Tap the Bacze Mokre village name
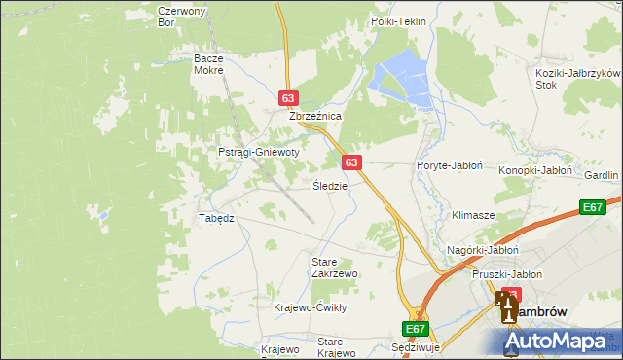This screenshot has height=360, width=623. [208, 64]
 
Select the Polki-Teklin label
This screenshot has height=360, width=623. [399, 21]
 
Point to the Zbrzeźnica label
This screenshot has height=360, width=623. [314, 116]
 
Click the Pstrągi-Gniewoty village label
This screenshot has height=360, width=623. [258, 153]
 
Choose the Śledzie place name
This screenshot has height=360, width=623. [330, 185]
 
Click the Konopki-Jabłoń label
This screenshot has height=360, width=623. [534, 170]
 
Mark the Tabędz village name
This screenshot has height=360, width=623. [216, 218]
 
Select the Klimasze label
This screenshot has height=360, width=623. [473, 214]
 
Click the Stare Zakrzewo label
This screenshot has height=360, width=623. [334, 268]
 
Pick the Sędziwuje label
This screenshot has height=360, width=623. [416, 347]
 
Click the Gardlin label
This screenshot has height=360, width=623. [602, 175]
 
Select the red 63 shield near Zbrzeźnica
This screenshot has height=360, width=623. [288, 98]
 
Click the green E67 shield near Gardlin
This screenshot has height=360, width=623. [593, 207]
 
